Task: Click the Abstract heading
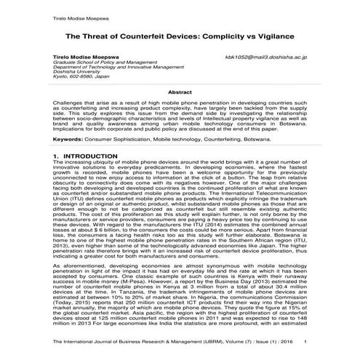[180, 92]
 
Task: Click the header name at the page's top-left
[79, 13]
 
